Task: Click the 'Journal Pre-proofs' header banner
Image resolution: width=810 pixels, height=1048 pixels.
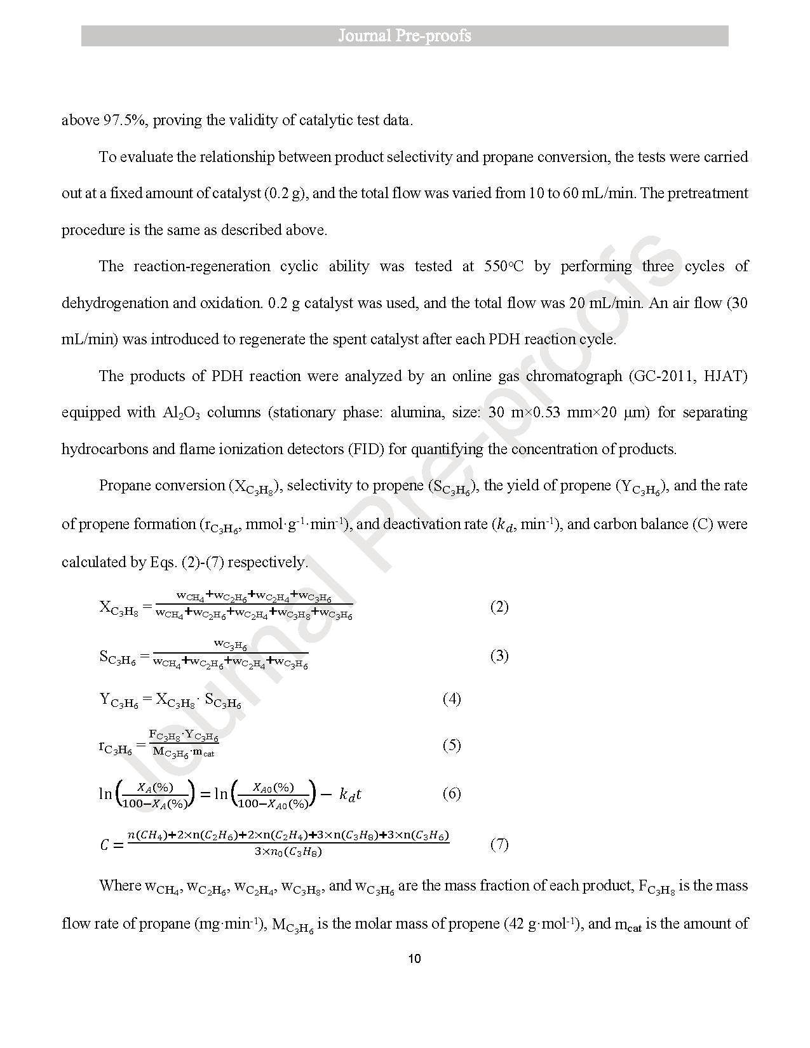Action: click(405, 36)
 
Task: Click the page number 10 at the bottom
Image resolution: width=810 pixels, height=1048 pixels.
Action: click(414, 958)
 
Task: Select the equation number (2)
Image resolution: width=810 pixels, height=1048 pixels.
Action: click(499, 607)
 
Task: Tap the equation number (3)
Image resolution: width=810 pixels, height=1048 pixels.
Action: click(499, 655)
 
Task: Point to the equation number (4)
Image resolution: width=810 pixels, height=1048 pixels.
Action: click(452, 699)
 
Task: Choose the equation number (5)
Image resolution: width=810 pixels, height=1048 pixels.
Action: click(452, 745)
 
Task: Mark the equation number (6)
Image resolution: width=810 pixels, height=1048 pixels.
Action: click(452, 793)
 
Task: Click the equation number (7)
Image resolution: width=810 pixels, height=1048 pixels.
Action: click(499, 844)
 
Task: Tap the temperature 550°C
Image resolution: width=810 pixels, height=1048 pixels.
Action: click(504, 267)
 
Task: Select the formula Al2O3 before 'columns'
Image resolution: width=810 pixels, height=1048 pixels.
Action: click(181, 413)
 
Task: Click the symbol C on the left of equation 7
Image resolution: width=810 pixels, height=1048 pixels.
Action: click(105, 845)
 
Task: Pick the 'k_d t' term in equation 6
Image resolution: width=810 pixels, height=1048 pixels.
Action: click(350, 794)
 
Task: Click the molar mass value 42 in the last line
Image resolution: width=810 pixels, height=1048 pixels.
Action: click(513, 924)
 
